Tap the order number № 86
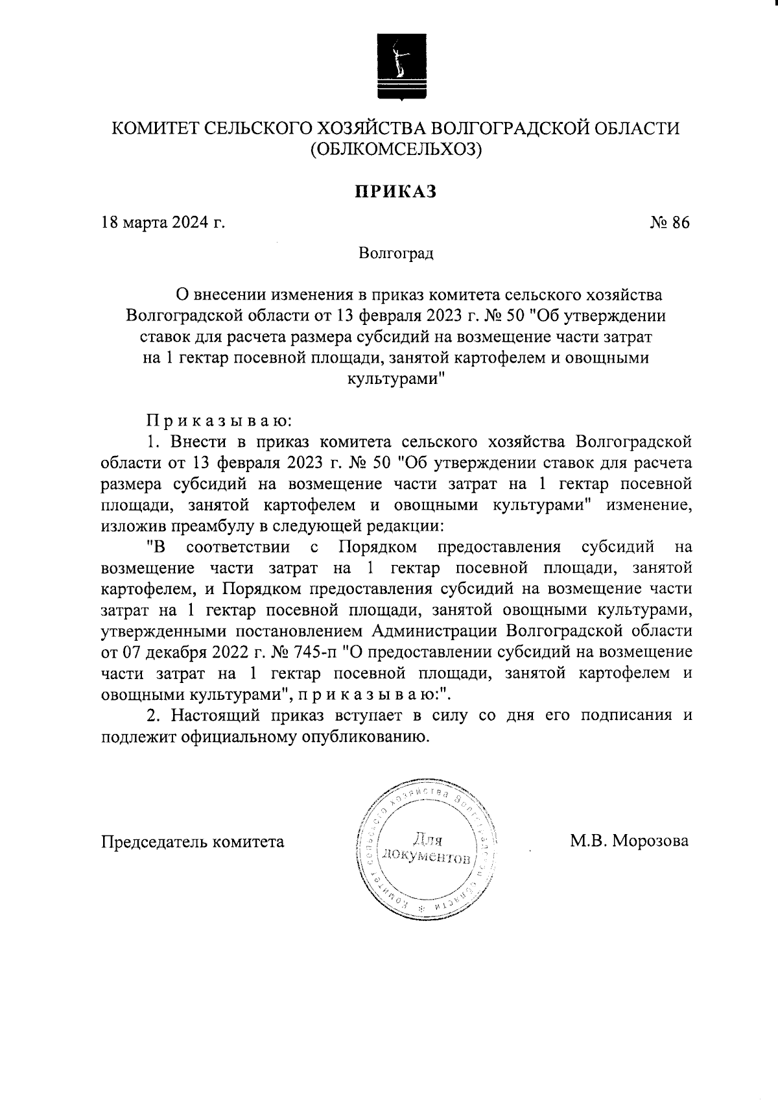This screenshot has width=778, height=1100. pyautogui.click(x=670, y=222)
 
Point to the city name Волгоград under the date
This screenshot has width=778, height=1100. pyautogui.click(x=395, y=252)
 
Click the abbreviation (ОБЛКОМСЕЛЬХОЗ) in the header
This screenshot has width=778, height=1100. pyautogui.click(x=395, y=150)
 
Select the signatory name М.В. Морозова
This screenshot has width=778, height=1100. pyautogui.click(x=629, y=841)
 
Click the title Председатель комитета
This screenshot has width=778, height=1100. pyautogui.click(x=193, y=842)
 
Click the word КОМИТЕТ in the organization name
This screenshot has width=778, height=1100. pyautogui.click(x=152, y=128)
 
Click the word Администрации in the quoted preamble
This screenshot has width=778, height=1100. pyautogui.click(x=437, y=630)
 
